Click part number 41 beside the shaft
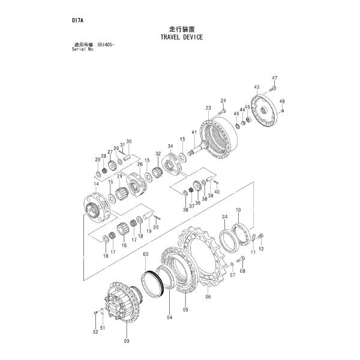tap(194, 132)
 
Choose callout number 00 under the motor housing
tap(126, 341)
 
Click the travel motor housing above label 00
tap(123, 303)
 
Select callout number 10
tap(238, 209)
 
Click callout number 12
tap(260, 248)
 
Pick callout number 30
tap(128, 142)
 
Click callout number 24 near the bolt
tap(223, 100)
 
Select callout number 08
tap(242, 271)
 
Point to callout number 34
tap(170, 146)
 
